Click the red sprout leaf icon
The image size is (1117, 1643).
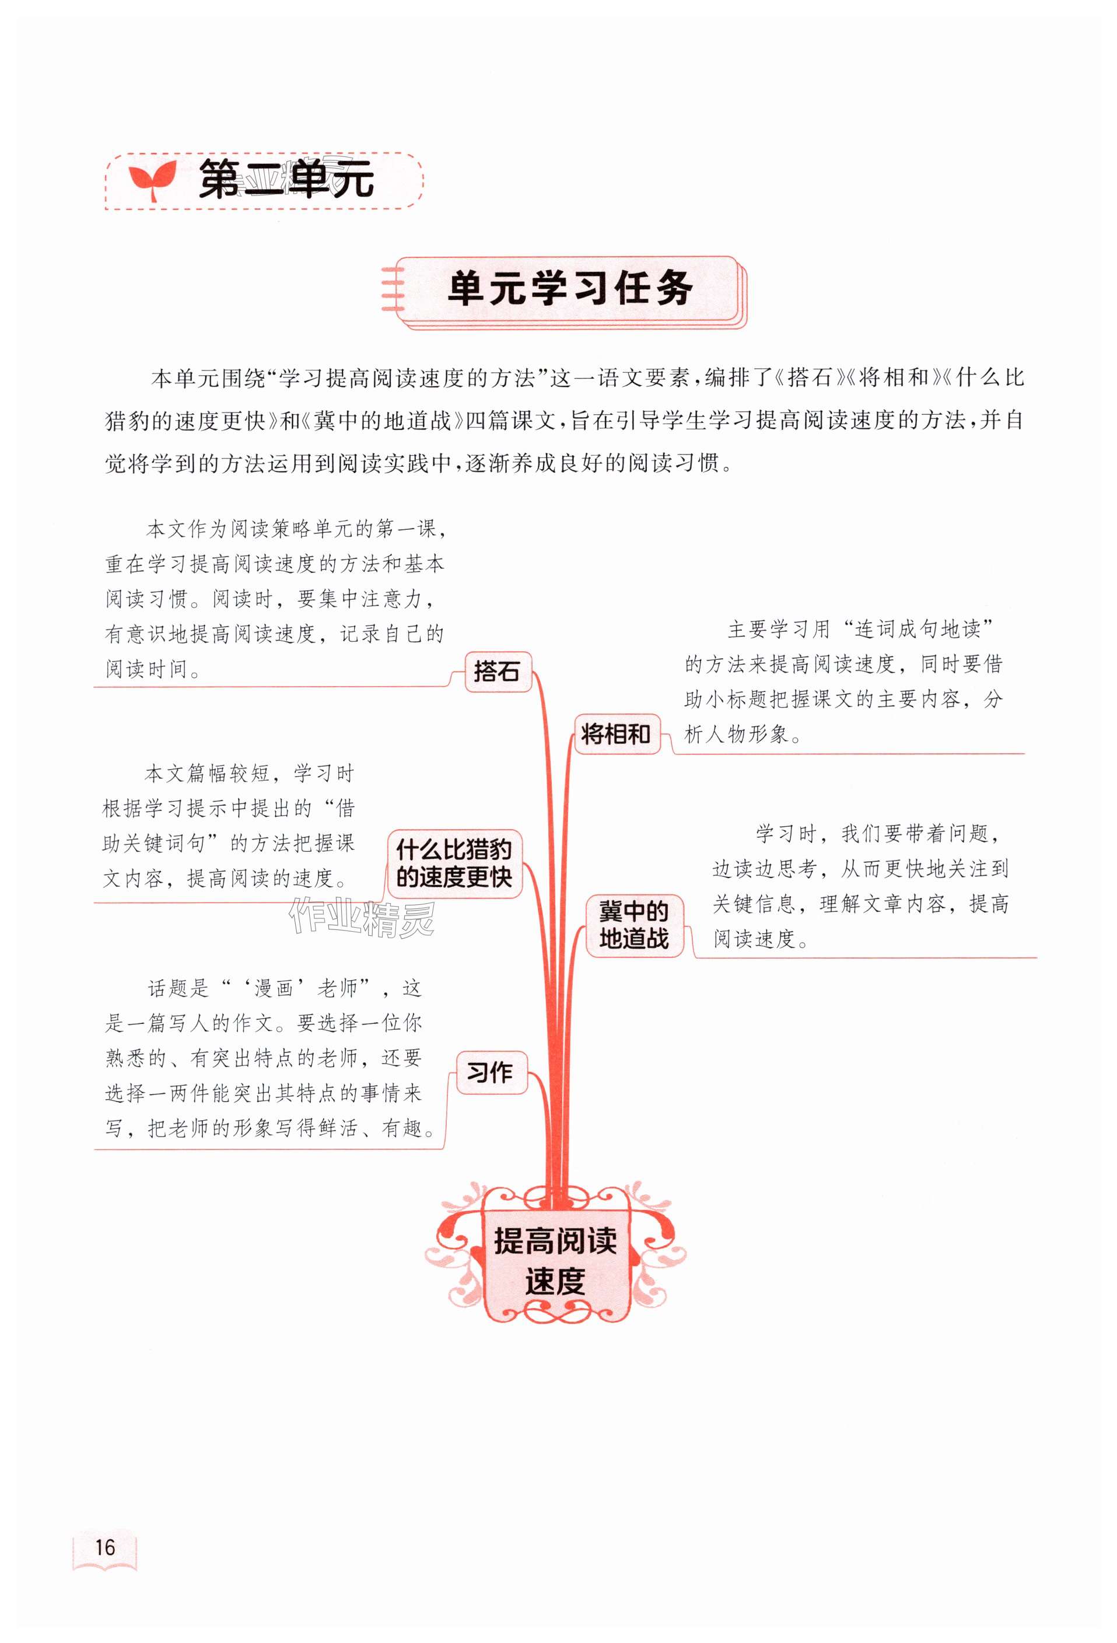[151, 180]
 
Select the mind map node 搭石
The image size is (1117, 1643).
[497, 671]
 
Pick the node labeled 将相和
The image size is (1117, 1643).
[615, 734]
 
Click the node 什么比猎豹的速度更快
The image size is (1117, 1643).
[454, 863]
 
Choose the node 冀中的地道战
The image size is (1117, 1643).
[633, 925]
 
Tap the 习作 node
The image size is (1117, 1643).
[490, 1072]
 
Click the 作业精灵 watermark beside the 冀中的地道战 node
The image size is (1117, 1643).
[361, 917]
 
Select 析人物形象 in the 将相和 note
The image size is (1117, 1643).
[736, 735]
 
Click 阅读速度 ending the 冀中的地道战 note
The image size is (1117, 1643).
[754, 939]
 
